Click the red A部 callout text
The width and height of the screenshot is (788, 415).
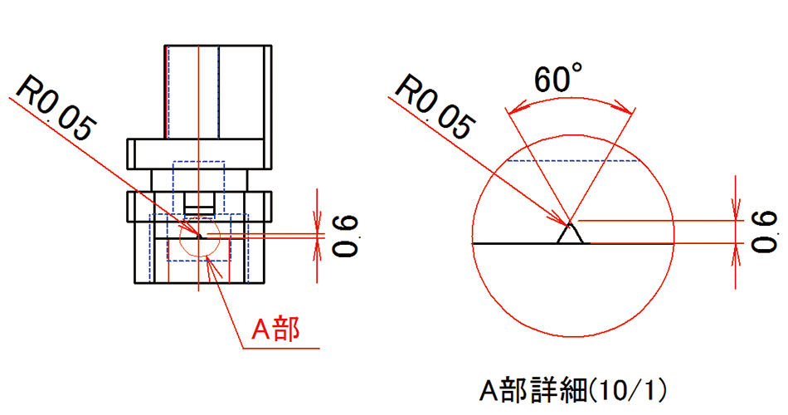(275, 330)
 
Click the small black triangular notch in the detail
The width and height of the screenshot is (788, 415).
(570, 235)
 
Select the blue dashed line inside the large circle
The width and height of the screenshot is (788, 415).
(572, 161)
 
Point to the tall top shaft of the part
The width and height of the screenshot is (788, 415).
(217, 91)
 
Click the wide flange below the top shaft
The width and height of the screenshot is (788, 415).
(199, 154)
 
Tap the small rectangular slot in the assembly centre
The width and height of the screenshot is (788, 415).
(199, 202)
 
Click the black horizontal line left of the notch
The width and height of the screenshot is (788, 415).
(514, 244)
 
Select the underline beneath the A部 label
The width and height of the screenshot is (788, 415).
(278, 348)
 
